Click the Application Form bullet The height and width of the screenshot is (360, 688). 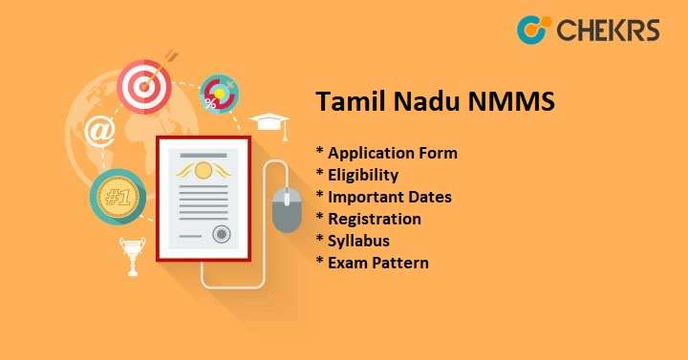click(x=386, y=153)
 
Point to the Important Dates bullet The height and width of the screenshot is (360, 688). click(x=383, y=197)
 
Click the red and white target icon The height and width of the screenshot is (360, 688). click(x=143, y=87)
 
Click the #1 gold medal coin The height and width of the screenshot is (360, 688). click(x=117, y=198)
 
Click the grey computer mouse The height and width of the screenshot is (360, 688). click(x=287, y=208)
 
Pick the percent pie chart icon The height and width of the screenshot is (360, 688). click(x=220, y=95)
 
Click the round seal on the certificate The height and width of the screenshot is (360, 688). click(x=221, y=232)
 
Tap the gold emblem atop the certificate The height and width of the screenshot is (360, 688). click(x=202, y=170)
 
